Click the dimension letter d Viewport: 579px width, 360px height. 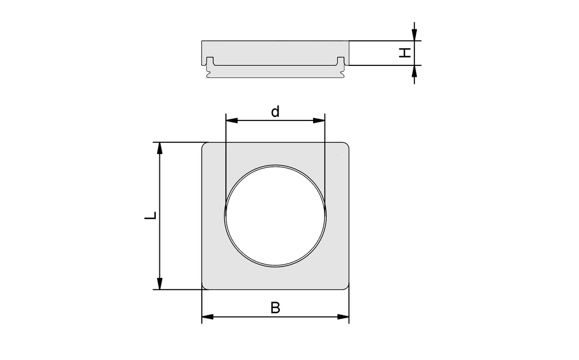click(x=275, y=112)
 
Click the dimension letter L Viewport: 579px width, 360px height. click(x=150, y=216)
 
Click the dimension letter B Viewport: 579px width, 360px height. click(x=275, y=308)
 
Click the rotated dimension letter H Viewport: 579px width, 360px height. click(x=405, y=53)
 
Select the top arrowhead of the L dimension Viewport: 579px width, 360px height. click(x=160, y=148)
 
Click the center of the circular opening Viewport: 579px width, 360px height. click(x=276, y=214)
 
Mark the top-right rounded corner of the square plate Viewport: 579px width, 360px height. click(x=346, y=146)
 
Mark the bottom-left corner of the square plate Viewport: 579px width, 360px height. click(x=205, y=287)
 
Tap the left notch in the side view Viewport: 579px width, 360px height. click(x=210, y=61)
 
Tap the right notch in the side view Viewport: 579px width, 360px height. click(x=341, y=61)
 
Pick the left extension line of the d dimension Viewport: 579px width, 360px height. click(x=226, y=161)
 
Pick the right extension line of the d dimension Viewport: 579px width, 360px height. click(x=325, y=161)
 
